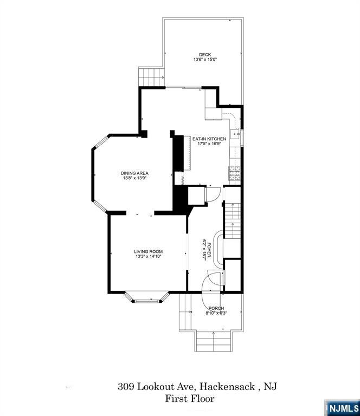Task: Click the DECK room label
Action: pos(204,54)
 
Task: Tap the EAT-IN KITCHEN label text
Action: pos(209,139)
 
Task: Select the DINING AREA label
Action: pos(134,173)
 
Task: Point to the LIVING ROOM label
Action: pos(149,251)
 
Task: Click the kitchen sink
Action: pos(236,134)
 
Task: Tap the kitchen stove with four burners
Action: pos(235,172)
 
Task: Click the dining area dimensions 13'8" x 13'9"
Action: pos(134,178)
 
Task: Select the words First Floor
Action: pos(190,399)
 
